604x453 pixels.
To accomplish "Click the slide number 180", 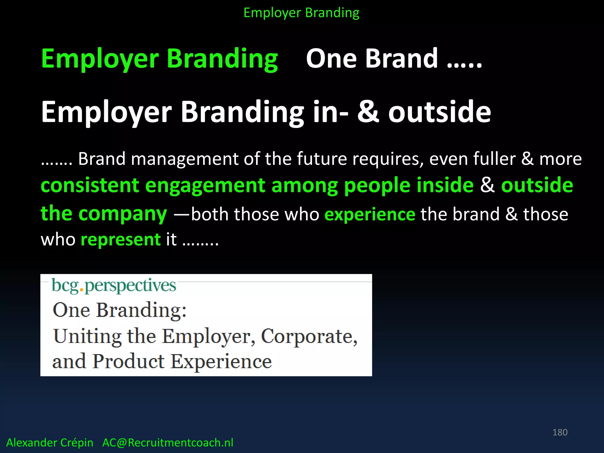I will tap(560, 432).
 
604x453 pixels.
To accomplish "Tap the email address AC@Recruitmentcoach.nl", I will tap(168, 443).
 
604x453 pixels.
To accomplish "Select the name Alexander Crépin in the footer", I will tap(50, 443).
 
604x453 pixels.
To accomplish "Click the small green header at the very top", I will tap(301, 13).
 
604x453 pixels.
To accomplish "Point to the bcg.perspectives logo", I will tap(114, 285).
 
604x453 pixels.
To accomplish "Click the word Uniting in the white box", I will tap(87, 337).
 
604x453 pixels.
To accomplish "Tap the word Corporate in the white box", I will tap(309, 337).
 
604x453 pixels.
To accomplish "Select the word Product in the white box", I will tap(128, 362).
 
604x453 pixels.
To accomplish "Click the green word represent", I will tap(121, 239).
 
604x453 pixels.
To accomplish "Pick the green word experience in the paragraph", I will tap(370, 214).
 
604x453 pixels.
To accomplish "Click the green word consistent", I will tap(90, 186).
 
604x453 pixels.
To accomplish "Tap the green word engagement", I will tap(205, 186).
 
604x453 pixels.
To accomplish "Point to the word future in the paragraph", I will tap(321, 159).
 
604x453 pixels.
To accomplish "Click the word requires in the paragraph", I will tap(388, 159).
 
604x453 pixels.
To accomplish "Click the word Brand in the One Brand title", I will tap(401, 58).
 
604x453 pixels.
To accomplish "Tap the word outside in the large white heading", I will tap(439, 112).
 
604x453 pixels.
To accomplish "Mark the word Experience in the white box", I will tap(221, 362).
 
